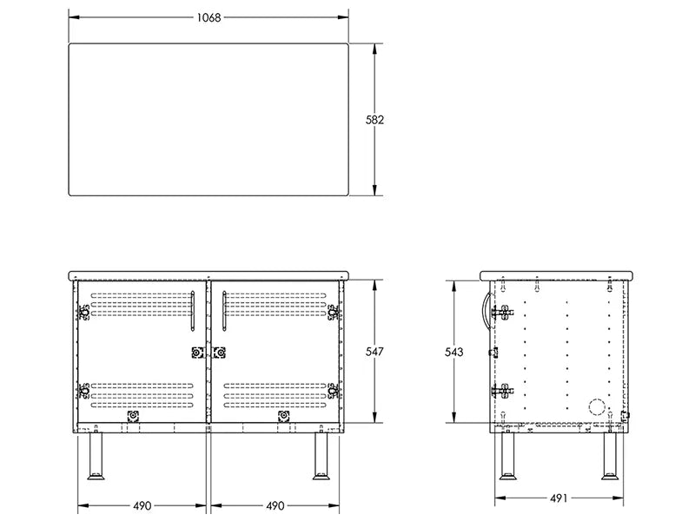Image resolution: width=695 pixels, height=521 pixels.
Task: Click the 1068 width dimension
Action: (208, 17)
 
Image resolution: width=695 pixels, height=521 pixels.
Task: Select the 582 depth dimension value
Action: (374, 120)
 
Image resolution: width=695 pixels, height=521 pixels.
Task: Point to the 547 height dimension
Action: (374, 352)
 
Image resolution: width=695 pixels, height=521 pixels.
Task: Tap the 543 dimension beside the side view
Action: (453, 352)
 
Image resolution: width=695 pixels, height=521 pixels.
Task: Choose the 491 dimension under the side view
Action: (559, 498)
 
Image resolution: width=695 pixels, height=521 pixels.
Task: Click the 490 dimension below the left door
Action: (142, 505)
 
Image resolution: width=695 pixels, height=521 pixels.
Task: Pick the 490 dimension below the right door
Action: (275, 505)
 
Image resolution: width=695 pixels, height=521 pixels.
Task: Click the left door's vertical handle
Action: (193, 311)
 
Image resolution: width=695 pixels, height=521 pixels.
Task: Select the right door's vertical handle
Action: (225, 311)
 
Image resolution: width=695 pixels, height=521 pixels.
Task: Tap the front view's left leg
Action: (96, 456)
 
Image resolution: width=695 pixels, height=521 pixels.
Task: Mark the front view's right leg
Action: (321, 456)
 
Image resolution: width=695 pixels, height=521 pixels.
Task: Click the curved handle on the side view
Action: (487, 310)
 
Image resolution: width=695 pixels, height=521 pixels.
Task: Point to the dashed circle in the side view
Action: (597, 407)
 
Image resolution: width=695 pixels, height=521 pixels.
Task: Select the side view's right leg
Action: (610, 456)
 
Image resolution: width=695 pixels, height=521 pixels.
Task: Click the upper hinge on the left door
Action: (83, 313)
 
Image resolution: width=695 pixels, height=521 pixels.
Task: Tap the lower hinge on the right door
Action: (334, 391)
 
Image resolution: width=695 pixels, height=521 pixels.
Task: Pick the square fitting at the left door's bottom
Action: (133, 416)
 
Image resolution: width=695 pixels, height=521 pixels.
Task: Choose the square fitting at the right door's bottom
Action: (284, 416)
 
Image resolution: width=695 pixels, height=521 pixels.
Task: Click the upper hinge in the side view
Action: (502, 313)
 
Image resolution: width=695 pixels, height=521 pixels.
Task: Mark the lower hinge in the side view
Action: (502, 391)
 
